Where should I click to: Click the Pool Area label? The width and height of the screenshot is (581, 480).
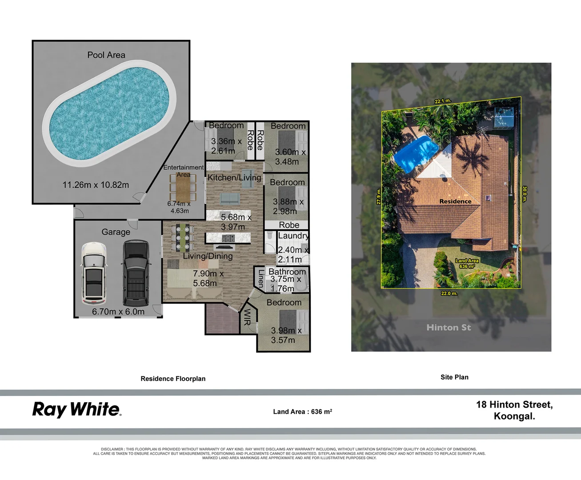[106, 55]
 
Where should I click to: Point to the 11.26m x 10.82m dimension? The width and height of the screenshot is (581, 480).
[96, 185]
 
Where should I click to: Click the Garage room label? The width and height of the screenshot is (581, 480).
[116, 232]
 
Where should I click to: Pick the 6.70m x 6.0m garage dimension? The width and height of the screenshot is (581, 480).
[118, 312]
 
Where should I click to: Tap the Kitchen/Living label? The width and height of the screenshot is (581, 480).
[234, 178]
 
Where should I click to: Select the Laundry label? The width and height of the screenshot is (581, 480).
[293, 236]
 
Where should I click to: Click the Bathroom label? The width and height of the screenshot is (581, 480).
[287, 272]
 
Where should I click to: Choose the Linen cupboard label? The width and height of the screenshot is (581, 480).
[261, 277]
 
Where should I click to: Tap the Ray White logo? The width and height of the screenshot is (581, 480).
[76, 409]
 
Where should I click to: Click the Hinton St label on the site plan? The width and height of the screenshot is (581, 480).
[449, 328]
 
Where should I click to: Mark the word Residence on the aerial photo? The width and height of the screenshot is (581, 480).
[455, 201]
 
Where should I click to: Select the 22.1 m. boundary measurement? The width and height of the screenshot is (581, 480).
[443, 101]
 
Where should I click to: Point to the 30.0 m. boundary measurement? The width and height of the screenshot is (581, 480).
[525, 194]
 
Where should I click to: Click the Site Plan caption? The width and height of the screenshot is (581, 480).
[454, 377]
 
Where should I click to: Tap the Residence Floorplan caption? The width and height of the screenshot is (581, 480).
[173, 379]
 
